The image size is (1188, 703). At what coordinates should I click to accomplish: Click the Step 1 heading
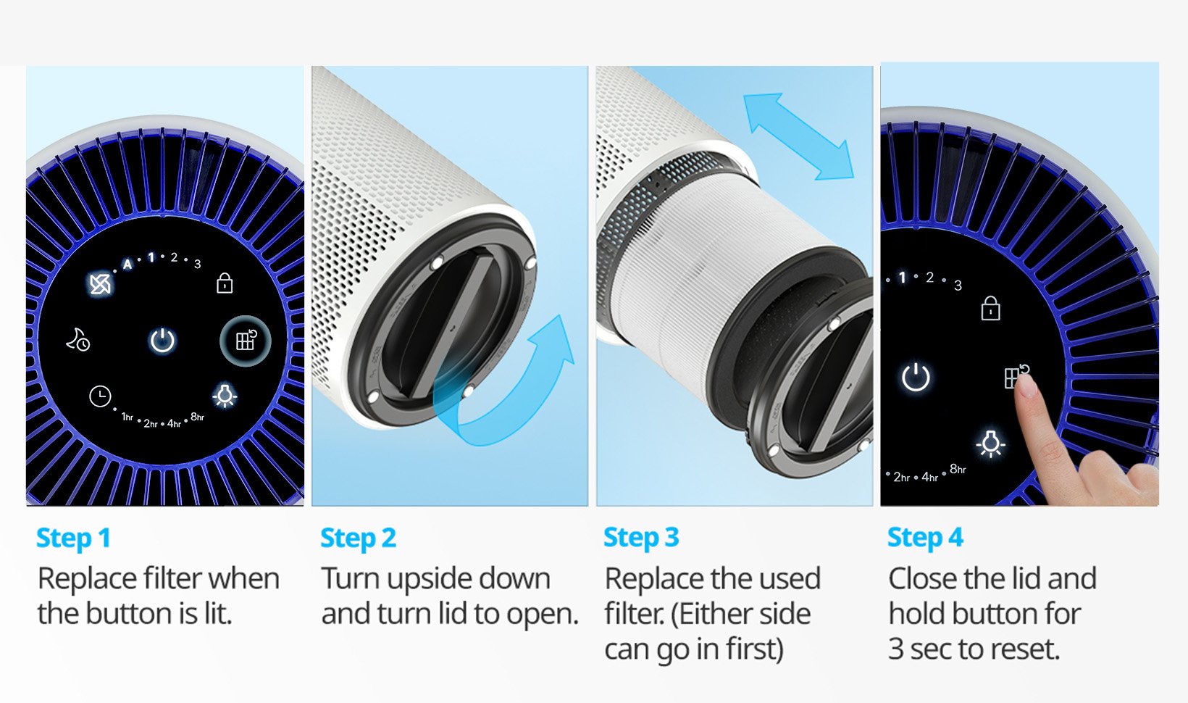pos(73,538)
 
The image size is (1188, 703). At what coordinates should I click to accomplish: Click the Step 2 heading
pos(358,538)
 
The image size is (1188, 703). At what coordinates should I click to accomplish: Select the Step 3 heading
pos(641,538)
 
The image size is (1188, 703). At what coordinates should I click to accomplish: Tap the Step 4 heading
pos(926,538)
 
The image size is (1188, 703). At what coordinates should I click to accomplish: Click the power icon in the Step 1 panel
pos(162,340)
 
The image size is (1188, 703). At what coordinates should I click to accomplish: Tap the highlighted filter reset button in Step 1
pos(246,341)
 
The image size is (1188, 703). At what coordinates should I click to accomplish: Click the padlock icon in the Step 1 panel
pos(225,283)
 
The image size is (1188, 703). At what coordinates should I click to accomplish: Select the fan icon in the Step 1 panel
pos(100,284)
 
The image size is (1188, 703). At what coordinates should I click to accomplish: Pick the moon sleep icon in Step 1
pos(78,340)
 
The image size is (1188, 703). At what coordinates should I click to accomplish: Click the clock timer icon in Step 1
pos(100,396)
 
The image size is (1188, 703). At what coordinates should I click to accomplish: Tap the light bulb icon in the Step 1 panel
pos(225,395)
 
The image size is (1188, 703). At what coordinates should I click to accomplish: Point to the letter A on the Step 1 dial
pos(127,265)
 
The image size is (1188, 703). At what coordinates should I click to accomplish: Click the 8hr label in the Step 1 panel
pos(197,417)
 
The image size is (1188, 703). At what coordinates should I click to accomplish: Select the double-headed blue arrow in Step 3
pos(799,136)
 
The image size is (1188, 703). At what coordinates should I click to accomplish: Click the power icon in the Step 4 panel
pos(916,378)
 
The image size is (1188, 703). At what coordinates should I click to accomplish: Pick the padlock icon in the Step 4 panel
pos(991,308)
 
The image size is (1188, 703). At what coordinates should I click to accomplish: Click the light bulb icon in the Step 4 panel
pos(990,443)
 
